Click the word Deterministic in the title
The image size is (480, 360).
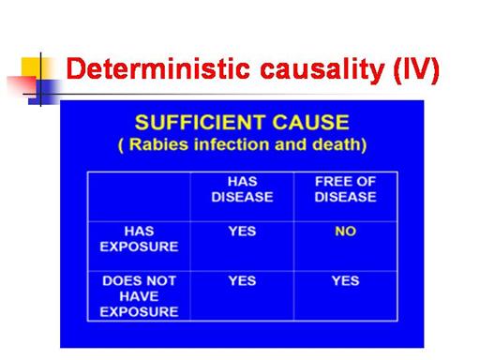[157, 68]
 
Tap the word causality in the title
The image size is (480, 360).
[322, 70]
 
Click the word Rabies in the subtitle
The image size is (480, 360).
[158, 144]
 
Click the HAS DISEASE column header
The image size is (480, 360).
[242, 189]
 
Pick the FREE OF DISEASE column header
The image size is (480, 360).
[345, 189]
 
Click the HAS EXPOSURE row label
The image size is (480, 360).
[139, 239]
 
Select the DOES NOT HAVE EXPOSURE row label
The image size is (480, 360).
[139, 296]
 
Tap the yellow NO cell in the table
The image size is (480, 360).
[345, 232]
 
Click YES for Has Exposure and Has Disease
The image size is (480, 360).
[242, 232]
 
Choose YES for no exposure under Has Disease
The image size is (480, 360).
[242, 280]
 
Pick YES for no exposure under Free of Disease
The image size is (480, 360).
[345, 280]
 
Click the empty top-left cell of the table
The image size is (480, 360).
[139, 197]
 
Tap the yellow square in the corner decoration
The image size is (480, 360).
[31, 67]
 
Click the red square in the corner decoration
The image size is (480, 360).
[22, 85]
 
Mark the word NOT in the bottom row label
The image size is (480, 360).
[161, 280]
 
